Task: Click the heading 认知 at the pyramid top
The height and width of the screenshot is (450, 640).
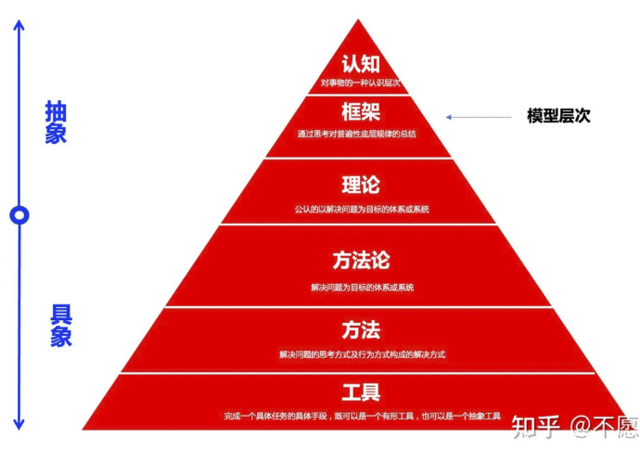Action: click(361, 64)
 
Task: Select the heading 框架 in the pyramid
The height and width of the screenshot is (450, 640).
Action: click(361, 111)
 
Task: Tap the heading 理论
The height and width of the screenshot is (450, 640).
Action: click(361, 185)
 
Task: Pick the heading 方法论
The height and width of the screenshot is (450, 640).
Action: click(361, 260)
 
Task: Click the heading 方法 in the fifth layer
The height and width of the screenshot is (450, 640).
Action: click(361, 330)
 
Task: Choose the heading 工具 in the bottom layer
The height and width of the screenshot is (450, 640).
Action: click(361, 392)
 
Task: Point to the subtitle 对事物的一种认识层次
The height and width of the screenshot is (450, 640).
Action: click(361, 83)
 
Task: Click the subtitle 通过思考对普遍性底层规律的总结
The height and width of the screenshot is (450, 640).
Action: click(357, 134)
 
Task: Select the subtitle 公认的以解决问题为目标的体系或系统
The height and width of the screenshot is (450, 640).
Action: click(362, 210)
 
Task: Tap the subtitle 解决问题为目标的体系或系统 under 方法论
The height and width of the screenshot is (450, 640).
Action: click(363, 288)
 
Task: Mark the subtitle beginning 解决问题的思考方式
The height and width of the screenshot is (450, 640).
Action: click(363, 354)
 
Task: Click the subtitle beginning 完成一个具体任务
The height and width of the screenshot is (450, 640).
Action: click(363, 416)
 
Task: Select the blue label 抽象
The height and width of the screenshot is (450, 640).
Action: click(56, 122)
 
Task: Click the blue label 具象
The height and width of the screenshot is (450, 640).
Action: click(61, 326)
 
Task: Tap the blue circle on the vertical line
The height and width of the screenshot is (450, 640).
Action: click(19, 214)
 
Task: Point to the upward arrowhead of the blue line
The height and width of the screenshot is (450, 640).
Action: click(19, 24)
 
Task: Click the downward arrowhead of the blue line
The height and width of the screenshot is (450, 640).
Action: click(19, 424)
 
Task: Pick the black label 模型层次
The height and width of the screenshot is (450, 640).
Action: click(558, 116)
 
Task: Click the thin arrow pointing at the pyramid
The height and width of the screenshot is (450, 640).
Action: click(479, 117)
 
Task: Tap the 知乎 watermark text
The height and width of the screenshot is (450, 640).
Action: click(535, 427)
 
